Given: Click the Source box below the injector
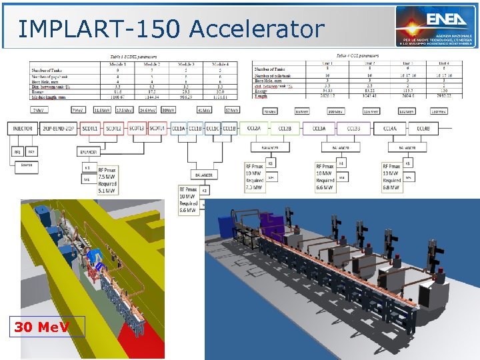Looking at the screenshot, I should (27, 164).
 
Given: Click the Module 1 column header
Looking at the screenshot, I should (116, 65).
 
